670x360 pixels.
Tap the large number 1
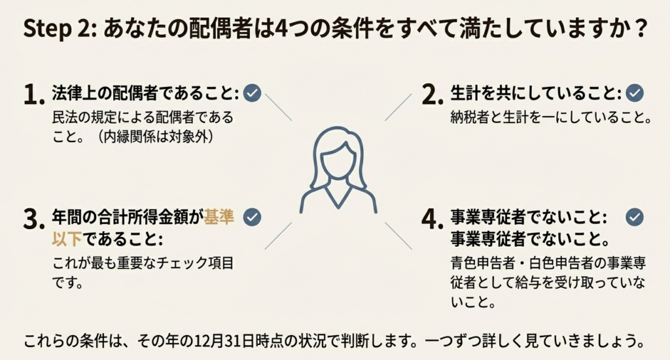[x=33, y=95]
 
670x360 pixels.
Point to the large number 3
[x=33, y=219]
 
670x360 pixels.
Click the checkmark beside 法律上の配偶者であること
[x=252, y=94]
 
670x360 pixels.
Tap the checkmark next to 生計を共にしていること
[x=634, y=94]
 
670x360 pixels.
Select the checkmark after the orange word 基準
[x=252, y=217]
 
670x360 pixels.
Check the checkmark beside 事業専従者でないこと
[x=634, y=217]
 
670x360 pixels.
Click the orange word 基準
[x=219, y=217]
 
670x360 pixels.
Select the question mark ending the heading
[x=641, y=30]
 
